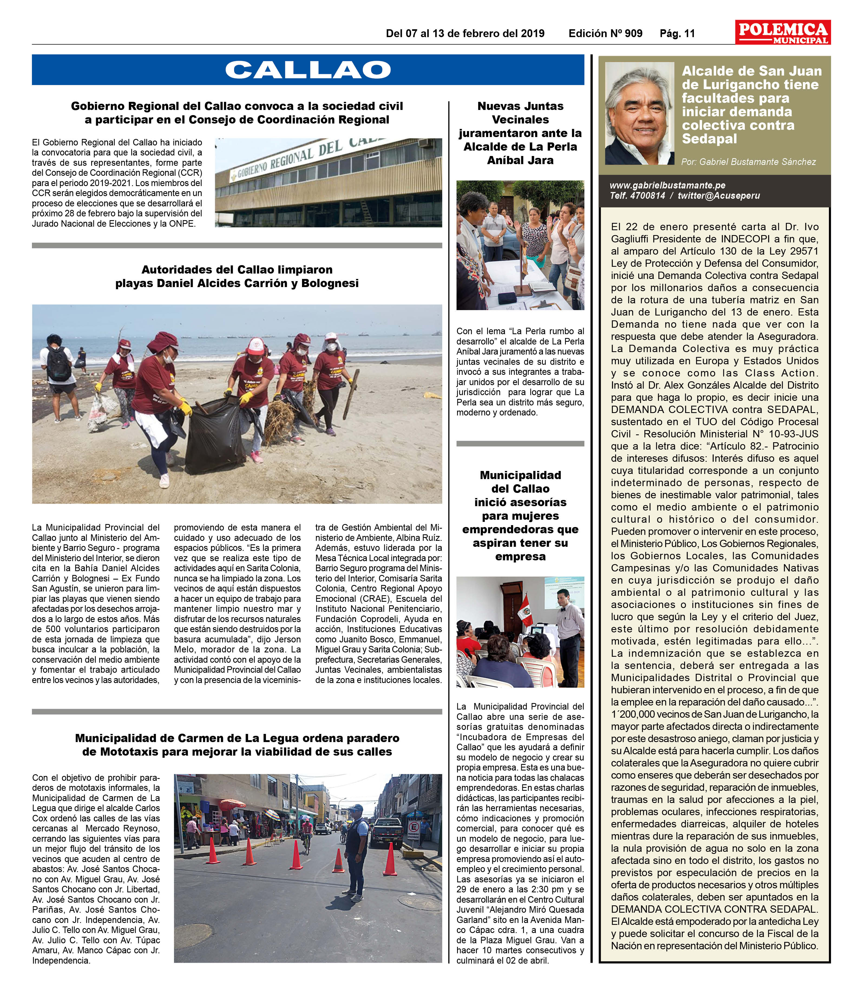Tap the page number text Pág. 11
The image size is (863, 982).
tap(677, 34)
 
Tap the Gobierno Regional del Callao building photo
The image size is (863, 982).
tap(328, 183)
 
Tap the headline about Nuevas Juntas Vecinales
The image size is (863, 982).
tap(520, 133)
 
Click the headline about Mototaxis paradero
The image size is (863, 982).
tap(237, 745)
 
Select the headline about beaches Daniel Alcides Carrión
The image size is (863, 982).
tap(237, 276)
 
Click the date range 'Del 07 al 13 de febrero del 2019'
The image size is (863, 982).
tap(465, 34)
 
